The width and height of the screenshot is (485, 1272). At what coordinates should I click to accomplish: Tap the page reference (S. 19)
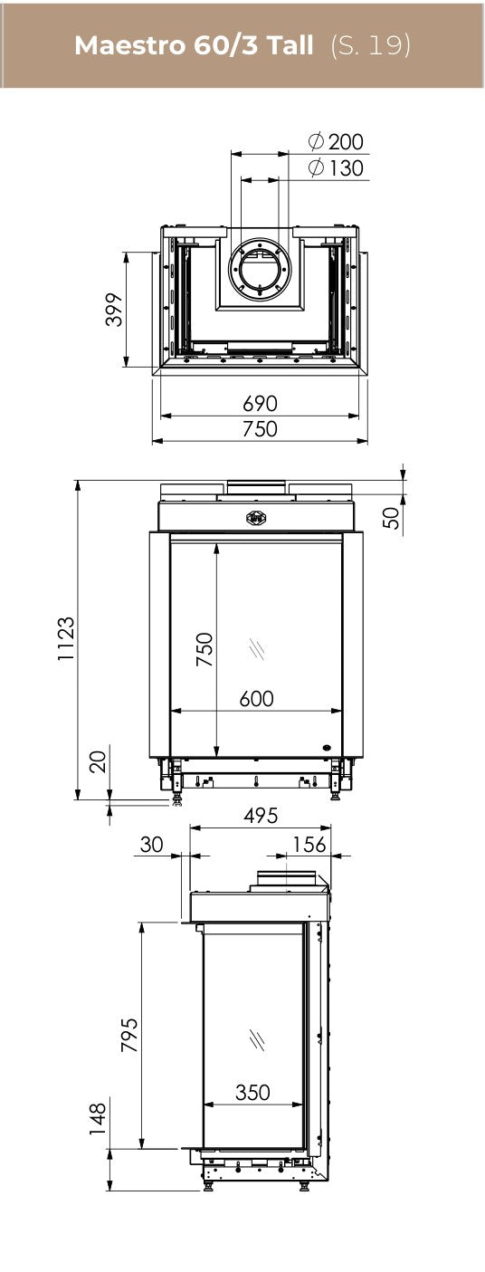pyautogui.click(x=370, y=45)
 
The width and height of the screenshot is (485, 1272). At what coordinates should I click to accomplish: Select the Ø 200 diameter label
pyautogui.click(x=335, y=141)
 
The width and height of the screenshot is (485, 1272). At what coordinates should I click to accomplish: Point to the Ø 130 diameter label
pyautogui.click(x=335, y=168)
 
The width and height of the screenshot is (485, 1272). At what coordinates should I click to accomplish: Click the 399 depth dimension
pyautogui.click(x=114, y=310)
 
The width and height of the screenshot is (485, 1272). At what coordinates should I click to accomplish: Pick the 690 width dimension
pyautogui.click(x=260, y=404)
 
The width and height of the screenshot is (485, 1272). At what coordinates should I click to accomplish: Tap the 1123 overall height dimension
pyautogui.click(x=66, y=638)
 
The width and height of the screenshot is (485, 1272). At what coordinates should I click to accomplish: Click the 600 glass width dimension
pyautogui.click(x=256, y=698)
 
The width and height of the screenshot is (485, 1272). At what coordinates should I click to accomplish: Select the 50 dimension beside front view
pyautogui.click(x=391, y=517)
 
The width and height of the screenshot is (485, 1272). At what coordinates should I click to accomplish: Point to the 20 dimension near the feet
pyautogui.click(x=98, y=761)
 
